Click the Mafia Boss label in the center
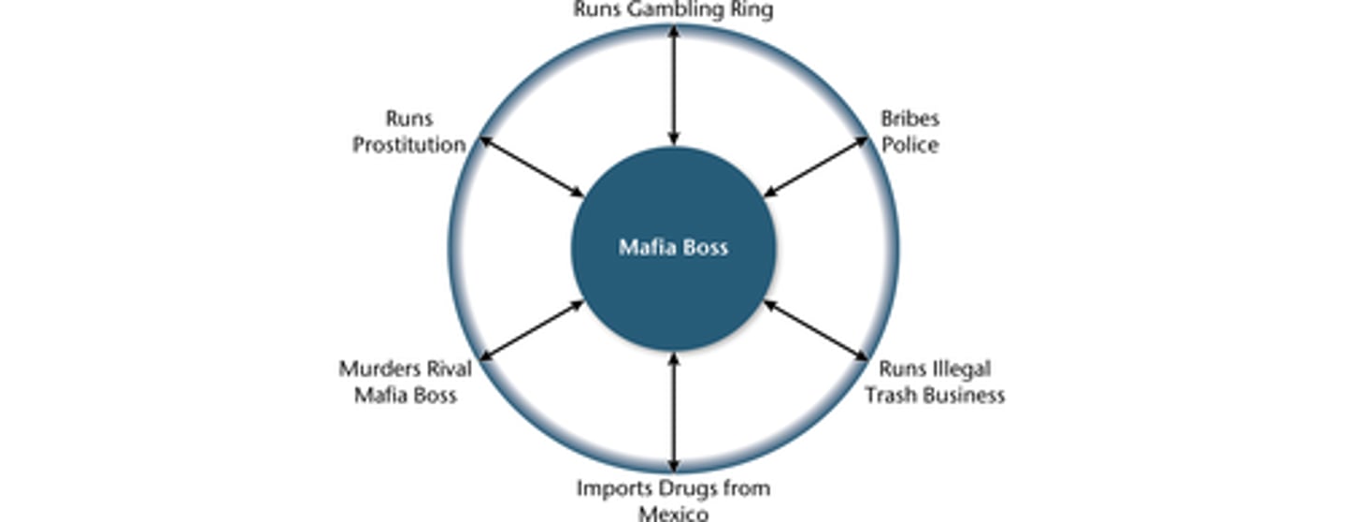pyautogui.click(x=673, y=248)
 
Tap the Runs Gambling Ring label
pyautogui.click(x=673, y=10)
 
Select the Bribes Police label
pyautogui.click(x=909, y=132)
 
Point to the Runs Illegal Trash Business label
pyautogui.click(x=934, y=382)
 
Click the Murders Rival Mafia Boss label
pyautogui.click(x=405, y=382)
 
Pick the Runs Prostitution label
pyautogui.click(x=409, y=132)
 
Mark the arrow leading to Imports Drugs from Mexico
pyautogui.click(x=673, y=411)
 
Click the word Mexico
pyautogui.click(x=673, y=514)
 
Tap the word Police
pyautogui.click(x=909, y=145)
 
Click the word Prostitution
pyautogui.click(x=409, y=145)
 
